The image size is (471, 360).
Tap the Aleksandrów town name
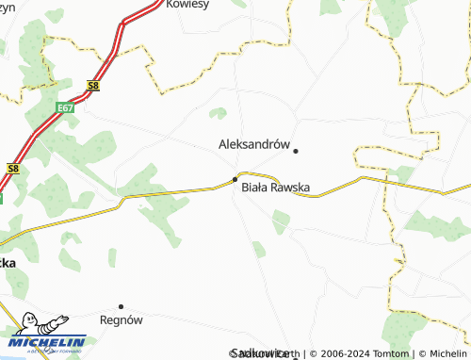[252, 144]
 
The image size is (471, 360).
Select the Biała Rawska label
[276, 188]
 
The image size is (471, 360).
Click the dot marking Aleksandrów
[296, 150]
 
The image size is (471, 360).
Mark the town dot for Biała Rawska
[235, 179]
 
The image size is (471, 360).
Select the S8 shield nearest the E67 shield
[91, 85]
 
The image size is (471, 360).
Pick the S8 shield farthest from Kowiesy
[12, 168]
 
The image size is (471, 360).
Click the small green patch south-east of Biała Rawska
[281, 221]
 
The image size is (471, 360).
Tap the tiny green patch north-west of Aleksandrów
[218, 113]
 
